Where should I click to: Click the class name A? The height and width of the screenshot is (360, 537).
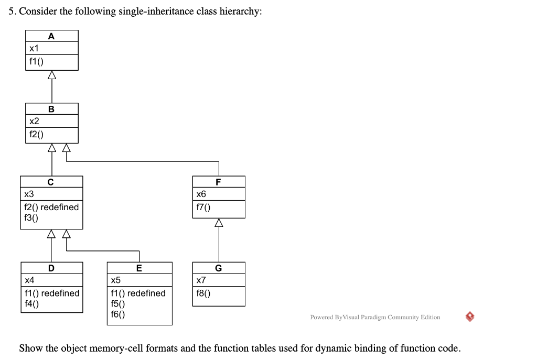point(51,36)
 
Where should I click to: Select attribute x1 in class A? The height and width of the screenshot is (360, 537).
point(35,48)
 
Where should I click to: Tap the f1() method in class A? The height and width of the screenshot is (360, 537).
point(37,61)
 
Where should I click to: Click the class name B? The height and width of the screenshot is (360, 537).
point(51,110)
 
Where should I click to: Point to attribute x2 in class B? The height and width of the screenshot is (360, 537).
point(35,121)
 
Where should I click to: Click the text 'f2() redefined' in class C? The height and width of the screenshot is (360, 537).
point(51,207)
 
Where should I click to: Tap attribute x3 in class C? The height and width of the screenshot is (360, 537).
point(29,194)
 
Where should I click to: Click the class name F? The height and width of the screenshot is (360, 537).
point(218,182)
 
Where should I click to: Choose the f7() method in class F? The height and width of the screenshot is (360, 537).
point(203,207)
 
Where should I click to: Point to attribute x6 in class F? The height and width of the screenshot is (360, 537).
point(201,194)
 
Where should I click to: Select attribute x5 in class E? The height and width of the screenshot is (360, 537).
point(116,280)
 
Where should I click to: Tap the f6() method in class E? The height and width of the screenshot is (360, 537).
point(117,314)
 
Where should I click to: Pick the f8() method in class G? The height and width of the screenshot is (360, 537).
point(203,293)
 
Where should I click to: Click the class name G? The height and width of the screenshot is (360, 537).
point(218,268)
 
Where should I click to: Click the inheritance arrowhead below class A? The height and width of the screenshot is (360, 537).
point(51,75)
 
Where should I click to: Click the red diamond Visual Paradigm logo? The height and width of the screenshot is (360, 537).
point(470,317)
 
